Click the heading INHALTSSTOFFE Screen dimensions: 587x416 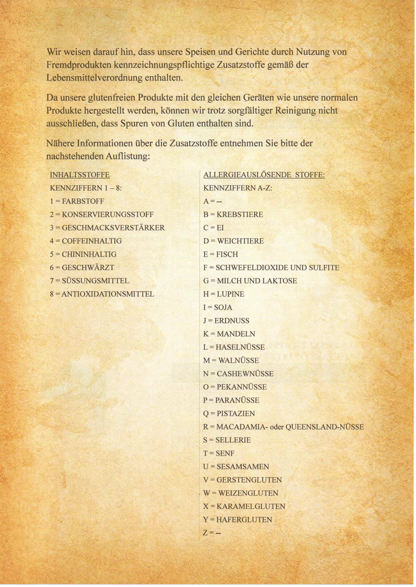click(x=79, y=175)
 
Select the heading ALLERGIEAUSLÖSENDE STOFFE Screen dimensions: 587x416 click(x=264, y=175)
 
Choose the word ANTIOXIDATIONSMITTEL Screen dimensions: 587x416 click(x=108, y=294)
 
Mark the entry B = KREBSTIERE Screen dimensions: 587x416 click(x=233, y=214)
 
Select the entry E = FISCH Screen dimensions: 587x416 click(x=220, y=254)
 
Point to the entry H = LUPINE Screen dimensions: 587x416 click(x=224, y=294)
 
